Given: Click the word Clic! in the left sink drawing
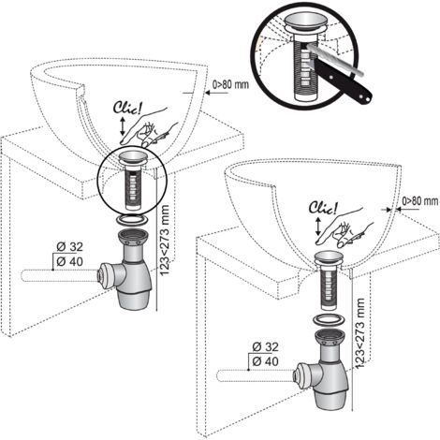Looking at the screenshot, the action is [x=127, y=108].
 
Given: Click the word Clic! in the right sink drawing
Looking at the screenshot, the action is [x=323, y=208].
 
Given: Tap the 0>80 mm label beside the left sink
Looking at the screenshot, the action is [x=230, y=84].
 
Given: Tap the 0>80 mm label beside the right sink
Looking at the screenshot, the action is [x=420, y=201].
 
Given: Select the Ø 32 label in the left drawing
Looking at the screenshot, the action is [x=69, y=247].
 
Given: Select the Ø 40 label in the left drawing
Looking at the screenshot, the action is [x=69, y=261].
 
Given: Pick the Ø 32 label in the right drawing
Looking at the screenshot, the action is [x=265, y=346].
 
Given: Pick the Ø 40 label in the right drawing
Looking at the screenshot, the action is [x=265, y=361].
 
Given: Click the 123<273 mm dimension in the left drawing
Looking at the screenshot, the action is [x=164, y=240].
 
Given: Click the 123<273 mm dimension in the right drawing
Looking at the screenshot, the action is [x=359, y=333].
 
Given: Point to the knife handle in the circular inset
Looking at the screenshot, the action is [x=344, y=81].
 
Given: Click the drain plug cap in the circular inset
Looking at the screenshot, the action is [x=306, y=22].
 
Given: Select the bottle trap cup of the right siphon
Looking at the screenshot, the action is [x=330, y=398].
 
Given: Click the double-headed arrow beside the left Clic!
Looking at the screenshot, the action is [x=123, y=126].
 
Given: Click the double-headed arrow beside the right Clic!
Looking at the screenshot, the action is [x=318, y=227].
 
